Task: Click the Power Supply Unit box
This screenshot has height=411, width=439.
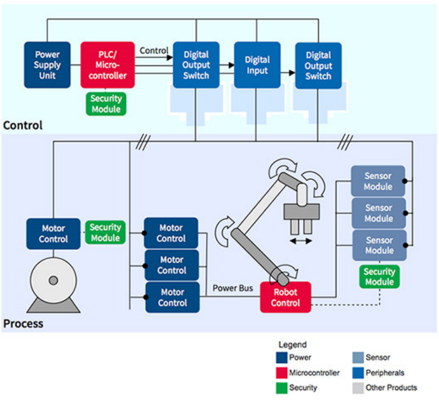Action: click(x=47, y=65)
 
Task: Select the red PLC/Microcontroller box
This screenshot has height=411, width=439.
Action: click(x=108, y=65)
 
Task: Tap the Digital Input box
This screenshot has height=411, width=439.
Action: click(x=257, y=65)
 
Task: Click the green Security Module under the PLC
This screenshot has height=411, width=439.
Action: click(x=106, y=104)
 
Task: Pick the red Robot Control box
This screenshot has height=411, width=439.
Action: click(x=285, y=298)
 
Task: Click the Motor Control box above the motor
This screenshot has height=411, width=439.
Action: click(x=53, y=234)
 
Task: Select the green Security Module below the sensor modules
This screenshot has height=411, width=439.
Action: click(x=379, y=277)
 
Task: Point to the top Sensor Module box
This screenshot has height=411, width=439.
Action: click(x=378, y=181)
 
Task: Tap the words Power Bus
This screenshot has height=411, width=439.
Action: click(x=232, y=288)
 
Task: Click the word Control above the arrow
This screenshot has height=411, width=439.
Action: click(x=154, y=51)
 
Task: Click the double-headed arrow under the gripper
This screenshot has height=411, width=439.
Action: click(x=301, y=241)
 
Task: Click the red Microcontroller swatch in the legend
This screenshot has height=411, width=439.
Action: click(x=282, y=373)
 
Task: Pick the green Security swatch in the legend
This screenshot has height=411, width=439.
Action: click(x=282, y=388)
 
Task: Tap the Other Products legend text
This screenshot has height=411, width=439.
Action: click(x=391, y=387)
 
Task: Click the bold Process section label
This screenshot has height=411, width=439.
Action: click(x=24, y=324)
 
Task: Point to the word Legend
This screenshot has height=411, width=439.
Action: click(x=292, y=345)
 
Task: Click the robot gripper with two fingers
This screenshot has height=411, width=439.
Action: click(x=301, y=217)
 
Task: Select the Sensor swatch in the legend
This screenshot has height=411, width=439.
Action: click(x=358, y=358)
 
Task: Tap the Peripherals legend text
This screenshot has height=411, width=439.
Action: click(x=385, y=373)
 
